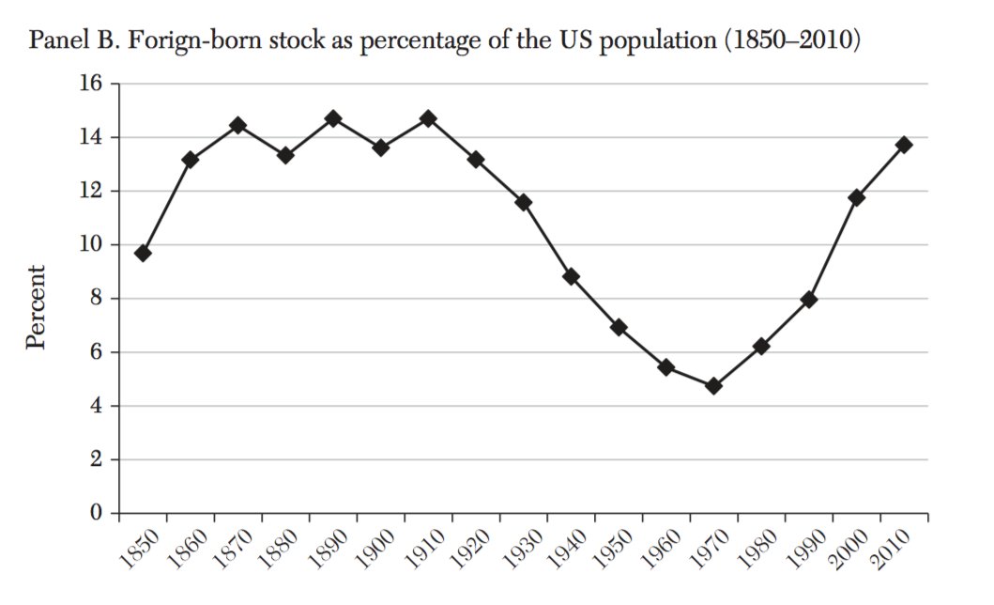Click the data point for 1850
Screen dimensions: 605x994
(x=143, y=254)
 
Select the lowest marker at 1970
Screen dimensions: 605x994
(x=714, y=386)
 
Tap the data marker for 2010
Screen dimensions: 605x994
(x=904, y=145)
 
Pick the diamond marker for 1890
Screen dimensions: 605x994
(x=333, y=119)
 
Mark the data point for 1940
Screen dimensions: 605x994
(x=571, y=276)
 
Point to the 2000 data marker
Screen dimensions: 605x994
(x=856, y=197)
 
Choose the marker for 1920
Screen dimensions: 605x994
(x=476, y=160)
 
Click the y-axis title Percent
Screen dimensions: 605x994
(x=37, y=307)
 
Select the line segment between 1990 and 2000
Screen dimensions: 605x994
(x=833, y=249)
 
